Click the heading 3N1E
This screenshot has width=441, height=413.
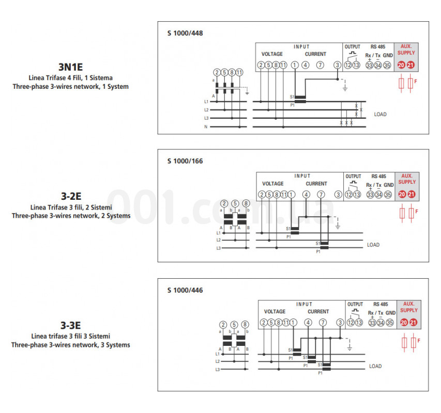point(71,67)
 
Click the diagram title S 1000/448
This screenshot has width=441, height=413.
point(185,33)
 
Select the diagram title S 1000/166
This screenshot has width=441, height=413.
point(185,161)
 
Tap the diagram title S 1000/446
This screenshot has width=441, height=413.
point(185,290)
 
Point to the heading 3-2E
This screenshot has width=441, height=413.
point(71,196)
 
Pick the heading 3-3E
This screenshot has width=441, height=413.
point(71,325)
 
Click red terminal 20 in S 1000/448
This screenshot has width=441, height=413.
point(401,65)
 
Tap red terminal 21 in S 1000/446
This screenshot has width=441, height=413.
point(413,323)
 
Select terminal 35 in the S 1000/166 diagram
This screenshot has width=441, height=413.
point(388,194)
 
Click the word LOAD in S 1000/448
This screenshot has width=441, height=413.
point(380,114)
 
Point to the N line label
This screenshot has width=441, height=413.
point(206,127)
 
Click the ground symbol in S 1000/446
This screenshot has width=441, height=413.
point(349,348)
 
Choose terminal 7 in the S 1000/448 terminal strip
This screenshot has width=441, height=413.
point(320,65)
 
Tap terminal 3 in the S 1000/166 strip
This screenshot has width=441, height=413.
point(338,194)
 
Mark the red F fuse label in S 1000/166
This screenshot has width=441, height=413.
point(417,211)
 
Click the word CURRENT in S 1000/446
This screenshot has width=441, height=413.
point(318,312)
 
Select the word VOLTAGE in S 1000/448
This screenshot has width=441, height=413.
point(272,54)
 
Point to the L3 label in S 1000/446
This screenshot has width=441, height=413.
point(218,370)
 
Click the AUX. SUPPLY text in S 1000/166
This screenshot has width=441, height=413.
point(407,179)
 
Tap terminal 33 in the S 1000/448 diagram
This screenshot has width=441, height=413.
point(369,65)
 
